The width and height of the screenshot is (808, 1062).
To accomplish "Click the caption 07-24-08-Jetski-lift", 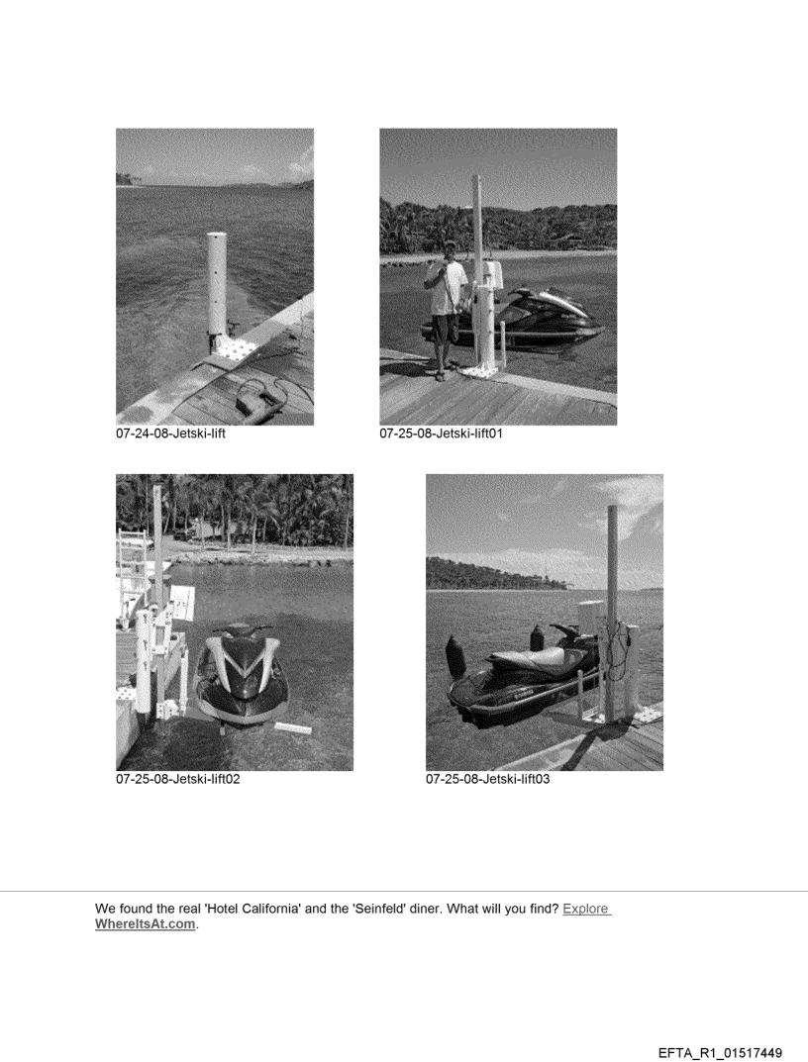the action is coord(170,434).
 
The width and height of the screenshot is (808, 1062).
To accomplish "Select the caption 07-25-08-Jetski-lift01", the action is coord(442,434).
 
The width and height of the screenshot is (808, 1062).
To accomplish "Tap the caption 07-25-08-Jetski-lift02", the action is coord(177,779).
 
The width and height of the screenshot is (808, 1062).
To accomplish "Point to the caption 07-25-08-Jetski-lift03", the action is coord(488,779).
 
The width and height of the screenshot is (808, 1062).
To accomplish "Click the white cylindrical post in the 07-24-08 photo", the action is coord(217,284).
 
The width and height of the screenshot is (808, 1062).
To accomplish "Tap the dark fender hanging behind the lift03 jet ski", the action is coord(454,657).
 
